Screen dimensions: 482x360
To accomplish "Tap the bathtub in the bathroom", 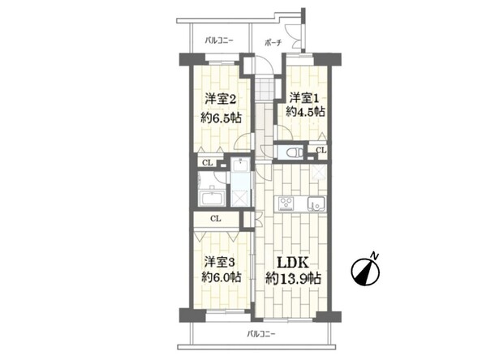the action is (x=213, y=198).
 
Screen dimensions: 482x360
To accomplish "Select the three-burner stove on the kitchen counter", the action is (x=286, y=204).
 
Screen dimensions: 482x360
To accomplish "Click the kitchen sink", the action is (x=316, y=204).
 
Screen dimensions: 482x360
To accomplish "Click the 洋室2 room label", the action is (x=221, y=100).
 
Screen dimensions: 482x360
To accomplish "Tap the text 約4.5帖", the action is (x=305, y=112).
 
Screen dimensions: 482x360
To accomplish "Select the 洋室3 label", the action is (x=220, y=263).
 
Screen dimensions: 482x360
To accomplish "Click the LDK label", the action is (x=293, y=263).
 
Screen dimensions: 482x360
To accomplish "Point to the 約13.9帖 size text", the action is (x=293, y=279).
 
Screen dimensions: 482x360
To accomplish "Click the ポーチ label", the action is (x=273, y=43).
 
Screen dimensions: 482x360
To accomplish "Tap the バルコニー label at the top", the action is (x=219, y=41).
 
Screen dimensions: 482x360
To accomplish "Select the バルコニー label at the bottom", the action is (x=261, y=333).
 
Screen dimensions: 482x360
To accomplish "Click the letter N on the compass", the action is (x=374, y=255).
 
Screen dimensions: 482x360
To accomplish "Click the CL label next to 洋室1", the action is (x=321, y=151).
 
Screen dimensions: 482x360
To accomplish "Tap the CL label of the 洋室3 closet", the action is (x=216, y=219).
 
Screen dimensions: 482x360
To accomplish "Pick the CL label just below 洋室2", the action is (x=208, y=163).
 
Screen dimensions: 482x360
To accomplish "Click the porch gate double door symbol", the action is (x=295, y=36).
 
